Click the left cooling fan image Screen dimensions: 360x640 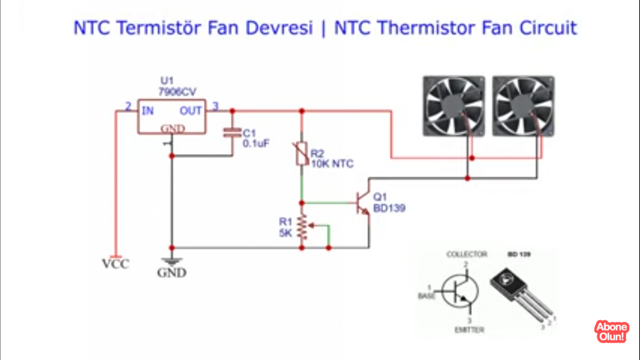454,106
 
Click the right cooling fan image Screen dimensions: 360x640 523,106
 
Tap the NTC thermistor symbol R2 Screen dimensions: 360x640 302,154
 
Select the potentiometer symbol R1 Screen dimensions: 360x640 302,227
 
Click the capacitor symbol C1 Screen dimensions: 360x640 232,133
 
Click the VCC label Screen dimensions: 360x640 116,264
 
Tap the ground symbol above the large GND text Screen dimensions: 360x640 172,261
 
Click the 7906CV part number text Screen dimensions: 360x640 177,92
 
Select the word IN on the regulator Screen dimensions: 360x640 148,111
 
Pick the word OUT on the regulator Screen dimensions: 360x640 190,111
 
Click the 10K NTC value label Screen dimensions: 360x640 332,164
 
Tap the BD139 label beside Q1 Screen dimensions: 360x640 389,208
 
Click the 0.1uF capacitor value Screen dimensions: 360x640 256,143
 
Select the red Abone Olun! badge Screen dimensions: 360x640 612,331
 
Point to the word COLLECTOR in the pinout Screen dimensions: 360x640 467,254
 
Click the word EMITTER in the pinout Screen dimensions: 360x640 469,330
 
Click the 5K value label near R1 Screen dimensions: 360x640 286,233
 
